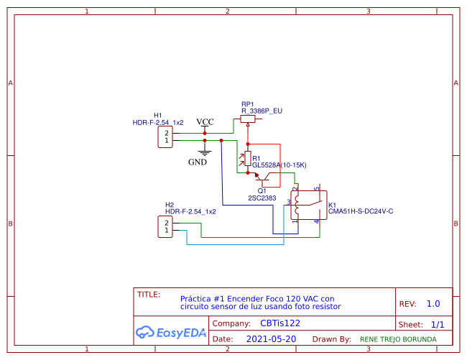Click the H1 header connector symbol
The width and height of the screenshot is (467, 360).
tap(166, 137)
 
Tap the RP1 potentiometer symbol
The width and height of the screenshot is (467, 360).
tap(247, 121)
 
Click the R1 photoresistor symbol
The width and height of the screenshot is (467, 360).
tap(248, 158)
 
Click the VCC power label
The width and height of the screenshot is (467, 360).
tap(205, 121)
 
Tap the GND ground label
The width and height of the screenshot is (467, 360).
tap(198, 162)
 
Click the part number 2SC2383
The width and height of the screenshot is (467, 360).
tap(262, 197)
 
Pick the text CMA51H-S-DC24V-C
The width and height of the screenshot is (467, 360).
tap(361, 211)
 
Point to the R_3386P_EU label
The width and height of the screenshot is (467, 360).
tap(262, 111)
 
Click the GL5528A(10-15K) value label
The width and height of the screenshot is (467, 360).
tap(279, 165)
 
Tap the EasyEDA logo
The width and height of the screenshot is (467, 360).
tap(171, 333)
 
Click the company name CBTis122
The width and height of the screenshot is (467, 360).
tap(281, 324)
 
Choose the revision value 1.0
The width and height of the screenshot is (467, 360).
tap(433, 304)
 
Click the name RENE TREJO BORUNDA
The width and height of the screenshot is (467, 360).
tap(397, 339)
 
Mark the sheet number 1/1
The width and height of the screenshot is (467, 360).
tap(438, 324)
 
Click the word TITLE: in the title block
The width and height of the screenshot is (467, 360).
tap(149, 294)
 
